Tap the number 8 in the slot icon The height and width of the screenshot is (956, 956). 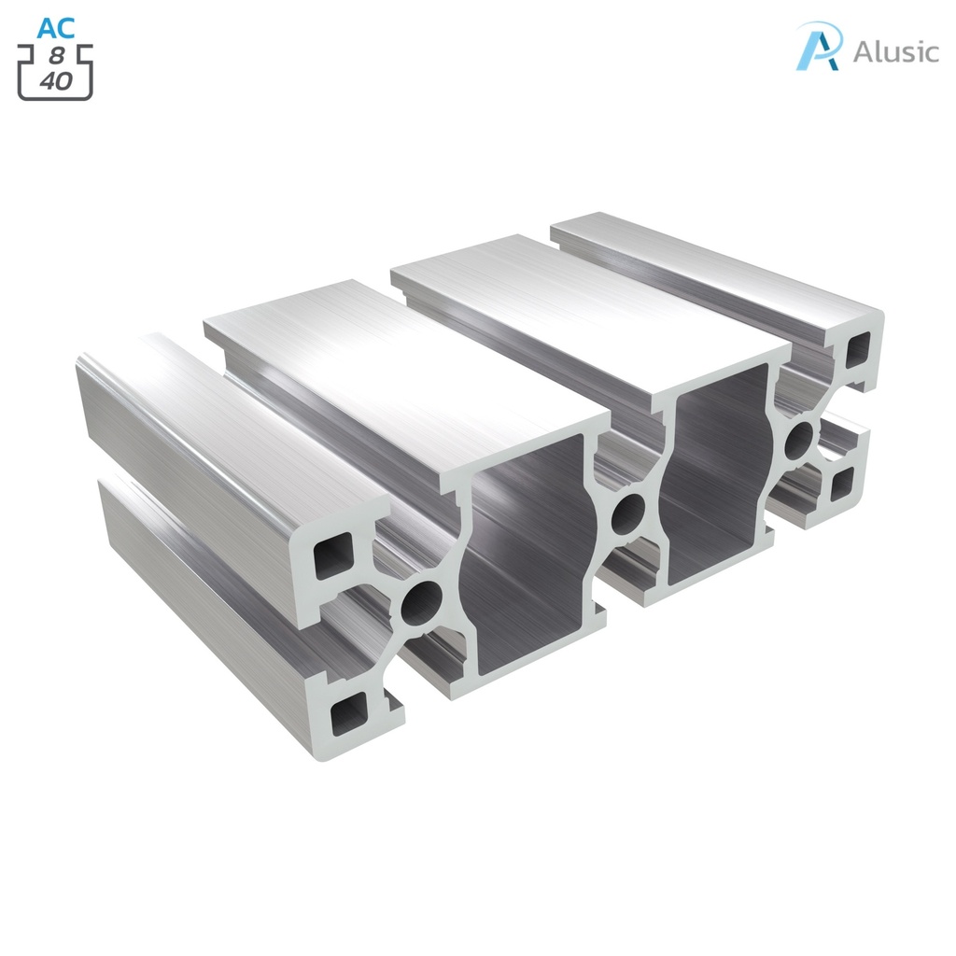click(x=57, y=55)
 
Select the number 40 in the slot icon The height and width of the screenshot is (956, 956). click(x=56, y=81)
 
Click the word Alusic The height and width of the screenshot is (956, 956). click(x=895, y=51)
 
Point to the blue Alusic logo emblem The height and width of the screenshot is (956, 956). click(x=819, y=46)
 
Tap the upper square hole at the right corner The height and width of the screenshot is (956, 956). click(x=856, y=353)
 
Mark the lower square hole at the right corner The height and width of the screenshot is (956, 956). click(x=844, y=480)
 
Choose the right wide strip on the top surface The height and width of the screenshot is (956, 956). click(x=588, y=299)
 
